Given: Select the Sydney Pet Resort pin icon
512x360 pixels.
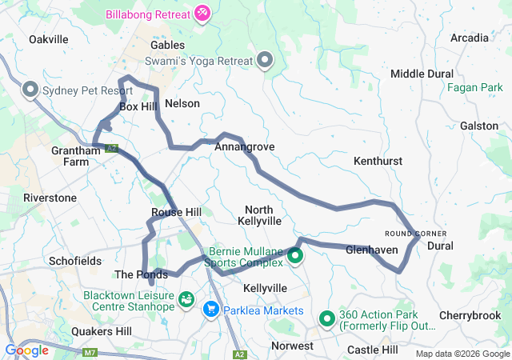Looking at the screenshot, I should (x=31, y=90).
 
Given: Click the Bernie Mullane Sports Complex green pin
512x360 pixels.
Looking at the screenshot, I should (x=295, y=256).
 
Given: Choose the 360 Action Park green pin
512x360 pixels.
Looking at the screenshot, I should (x=327, y=319).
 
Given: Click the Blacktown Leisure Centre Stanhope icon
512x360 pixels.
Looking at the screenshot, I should (x=186, y=299).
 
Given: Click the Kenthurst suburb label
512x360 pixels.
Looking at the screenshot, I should (x=378, y=162).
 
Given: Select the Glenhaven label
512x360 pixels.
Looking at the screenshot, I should (x=372, y=250).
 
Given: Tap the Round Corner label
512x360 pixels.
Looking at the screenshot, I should (x=416, y=233).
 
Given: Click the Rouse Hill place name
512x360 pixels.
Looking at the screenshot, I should (x=176, y=212).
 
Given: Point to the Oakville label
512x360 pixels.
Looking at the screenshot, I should (x=48, y=38).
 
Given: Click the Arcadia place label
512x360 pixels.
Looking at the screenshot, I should (x=470, y=38).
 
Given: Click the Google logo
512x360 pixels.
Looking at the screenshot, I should (x=26, y=350).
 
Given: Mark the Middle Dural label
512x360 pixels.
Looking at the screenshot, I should (x=422, y=74).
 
